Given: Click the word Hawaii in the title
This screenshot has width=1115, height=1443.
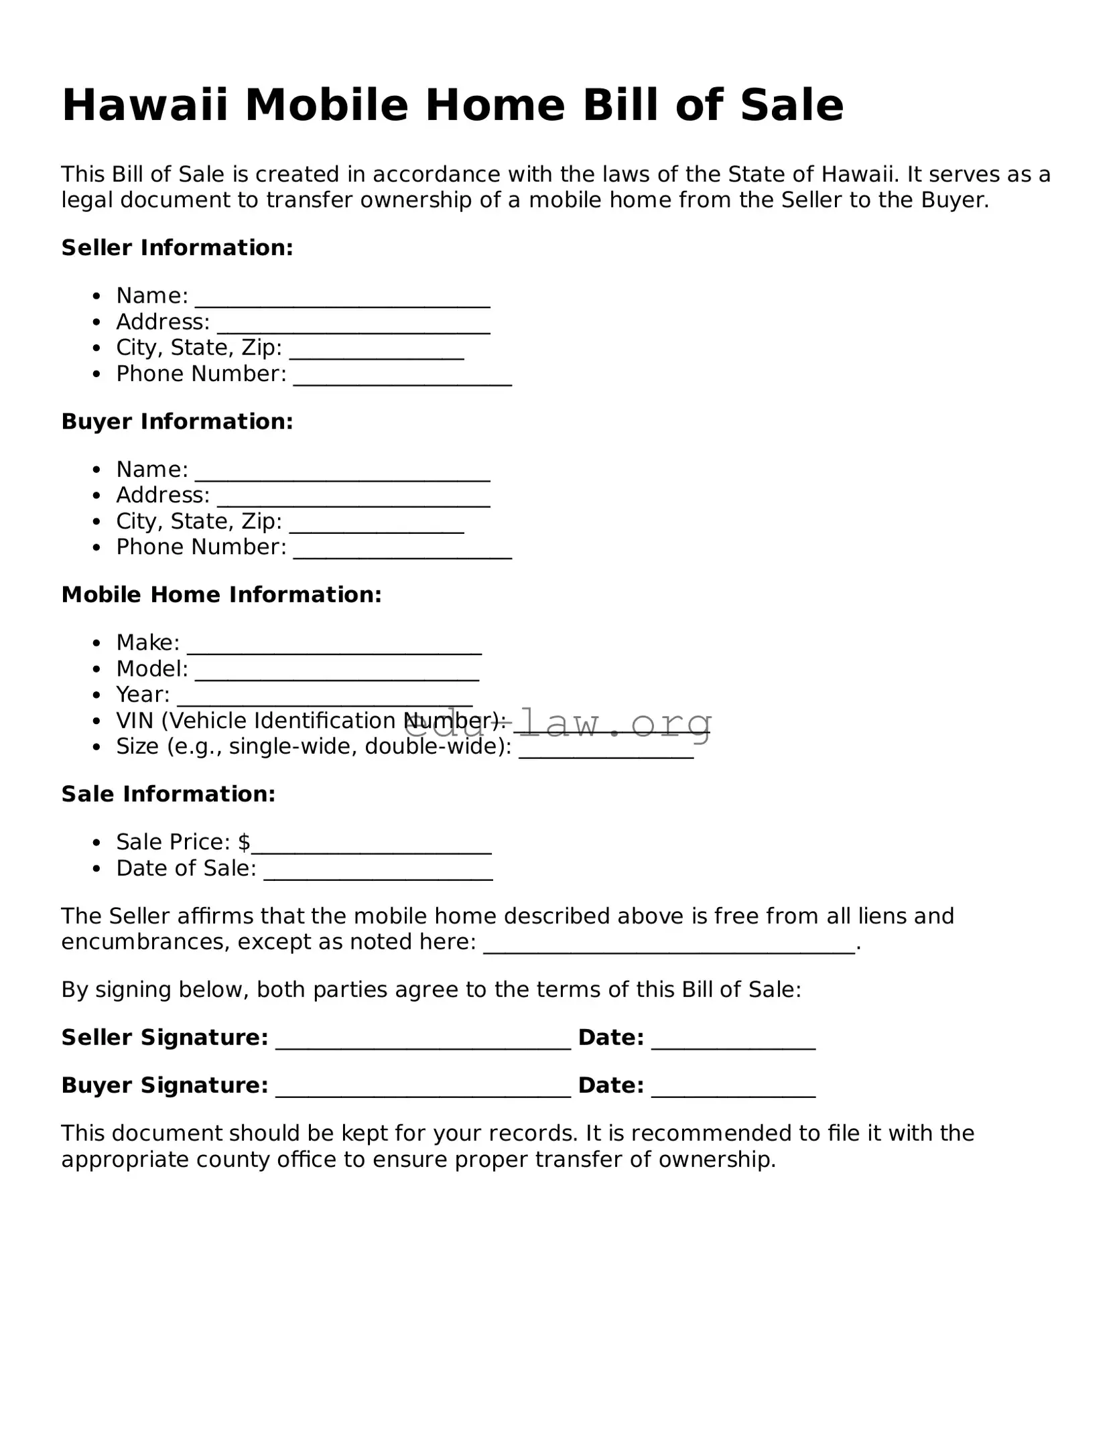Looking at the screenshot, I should click(x=145, y=105).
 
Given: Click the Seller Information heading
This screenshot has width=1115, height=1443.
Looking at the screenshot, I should click(x=177, y=248).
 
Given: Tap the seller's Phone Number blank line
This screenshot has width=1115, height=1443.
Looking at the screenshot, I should click(x=402, y=379).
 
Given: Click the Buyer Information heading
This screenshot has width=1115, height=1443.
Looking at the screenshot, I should click(x=177, y=421).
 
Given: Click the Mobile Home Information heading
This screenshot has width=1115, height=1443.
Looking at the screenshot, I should click(x=221, y=595).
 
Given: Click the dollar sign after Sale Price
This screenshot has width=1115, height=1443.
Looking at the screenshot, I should click(x=244, y=842).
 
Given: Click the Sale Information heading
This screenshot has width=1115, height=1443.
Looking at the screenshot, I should click(x=168, y=795).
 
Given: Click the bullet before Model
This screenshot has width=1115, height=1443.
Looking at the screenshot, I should click(x=97, y=669).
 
